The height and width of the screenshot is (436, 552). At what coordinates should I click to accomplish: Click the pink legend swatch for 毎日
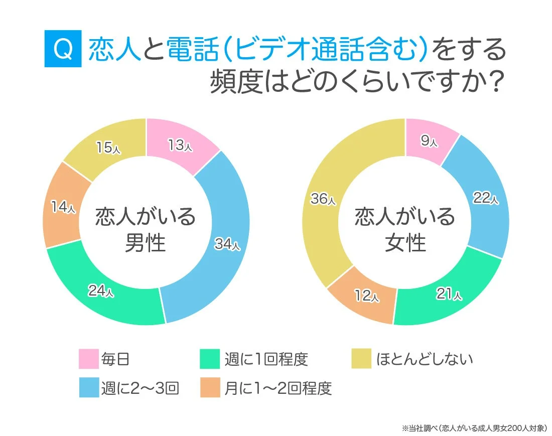[88, 359]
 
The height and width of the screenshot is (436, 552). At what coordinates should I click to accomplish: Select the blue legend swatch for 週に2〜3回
[88, 388]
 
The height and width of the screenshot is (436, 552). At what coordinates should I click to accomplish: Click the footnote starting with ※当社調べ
[474, 428]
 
